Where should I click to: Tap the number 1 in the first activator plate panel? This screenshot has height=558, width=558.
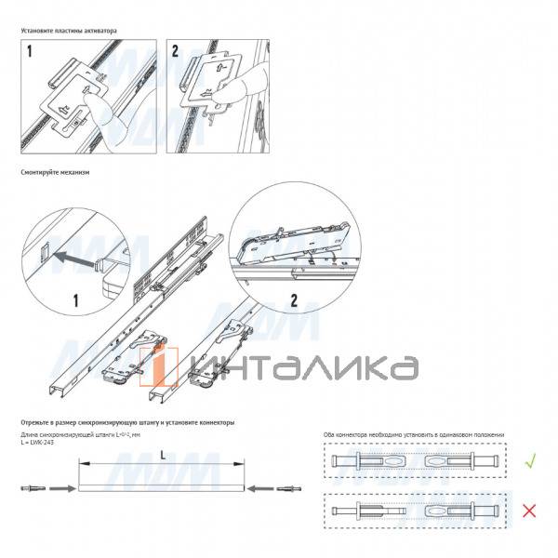coord(30,53)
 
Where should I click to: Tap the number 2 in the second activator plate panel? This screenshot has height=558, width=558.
coord(177,53)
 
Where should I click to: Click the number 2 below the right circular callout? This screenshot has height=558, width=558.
coord(293,299)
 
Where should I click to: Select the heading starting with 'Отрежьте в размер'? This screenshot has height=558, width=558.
coord(127,422)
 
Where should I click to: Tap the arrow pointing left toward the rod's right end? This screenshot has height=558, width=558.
coord(266,487)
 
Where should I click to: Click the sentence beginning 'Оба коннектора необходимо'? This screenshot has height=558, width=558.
coord(413,434)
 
